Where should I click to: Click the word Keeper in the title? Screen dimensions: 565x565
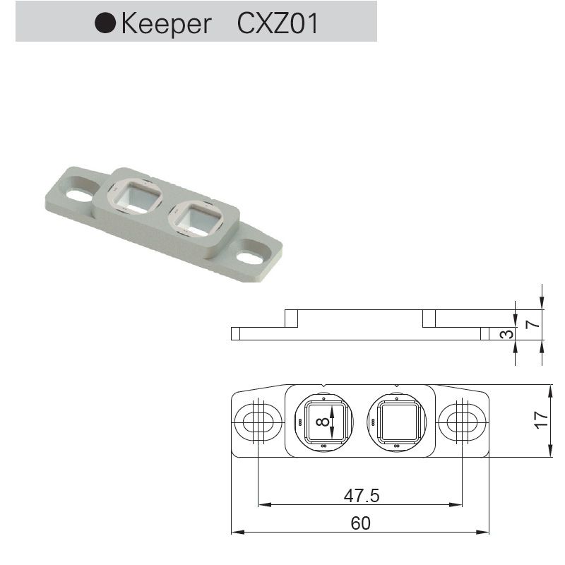point(166,23)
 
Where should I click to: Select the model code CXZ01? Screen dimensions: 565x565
point(278,23)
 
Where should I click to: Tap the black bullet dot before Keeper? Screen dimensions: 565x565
point(106,23)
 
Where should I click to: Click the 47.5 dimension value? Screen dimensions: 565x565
point(362,496)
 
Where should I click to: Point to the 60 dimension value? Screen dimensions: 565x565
point(361,523)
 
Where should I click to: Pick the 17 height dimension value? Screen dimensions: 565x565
point(542,420)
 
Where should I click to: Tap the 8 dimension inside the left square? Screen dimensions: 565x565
point(323,422)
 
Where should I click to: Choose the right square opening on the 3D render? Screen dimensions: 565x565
point(198,218)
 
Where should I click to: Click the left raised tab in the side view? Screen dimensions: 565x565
point(290,319)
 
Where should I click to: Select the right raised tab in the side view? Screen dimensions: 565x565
point(429,319)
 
